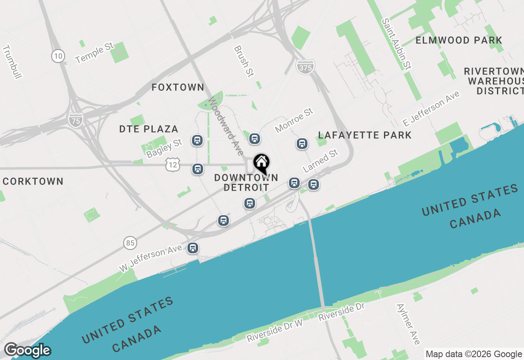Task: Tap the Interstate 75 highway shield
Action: [76, 119]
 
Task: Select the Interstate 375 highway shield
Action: [305, 67]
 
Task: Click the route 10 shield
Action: [58, 56]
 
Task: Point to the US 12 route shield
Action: [172, 165]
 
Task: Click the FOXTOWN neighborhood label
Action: [178, 87]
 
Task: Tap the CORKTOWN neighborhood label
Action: [33, 181]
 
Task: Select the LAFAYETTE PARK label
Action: [365, 135]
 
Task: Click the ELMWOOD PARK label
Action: [459, 40]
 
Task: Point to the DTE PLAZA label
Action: [149, 129]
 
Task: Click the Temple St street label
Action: [95, 53]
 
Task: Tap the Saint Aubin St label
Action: [396, 43]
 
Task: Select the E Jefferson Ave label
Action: [431, 108]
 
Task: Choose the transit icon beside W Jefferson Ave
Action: [192, 248]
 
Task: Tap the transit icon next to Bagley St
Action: [197, 141]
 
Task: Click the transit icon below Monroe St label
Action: [302, 144]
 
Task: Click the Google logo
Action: [27, 351]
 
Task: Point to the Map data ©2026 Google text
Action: [474, 354]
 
